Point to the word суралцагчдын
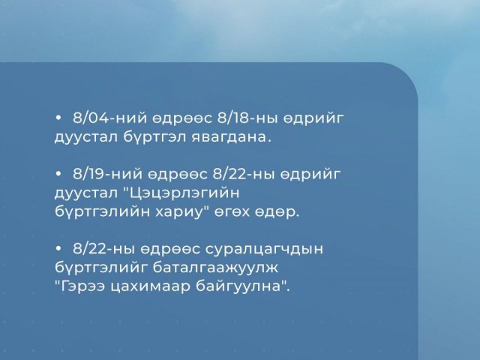(x=264, y=249)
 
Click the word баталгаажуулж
(x=215, y=268)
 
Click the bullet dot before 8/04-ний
(x=58, y=118)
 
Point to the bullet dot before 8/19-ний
(x=58, y=174)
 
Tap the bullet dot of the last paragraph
(x=58, y=248)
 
